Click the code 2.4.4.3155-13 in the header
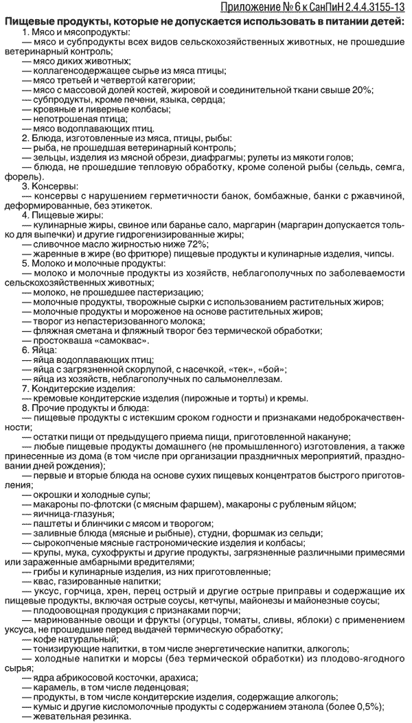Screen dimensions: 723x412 click(x=367, y=8)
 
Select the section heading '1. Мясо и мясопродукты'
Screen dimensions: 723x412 click(x=76, y=32)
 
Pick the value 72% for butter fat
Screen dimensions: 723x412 click(x=195, y=244)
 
